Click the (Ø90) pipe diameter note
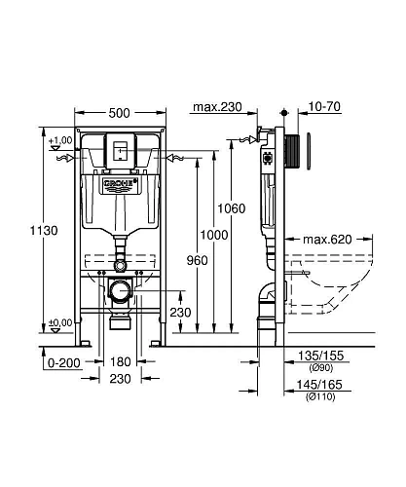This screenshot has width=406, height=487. [x=323, y=396]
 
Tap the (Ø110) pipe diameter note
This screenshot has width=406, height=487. [x=323, y=426]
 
